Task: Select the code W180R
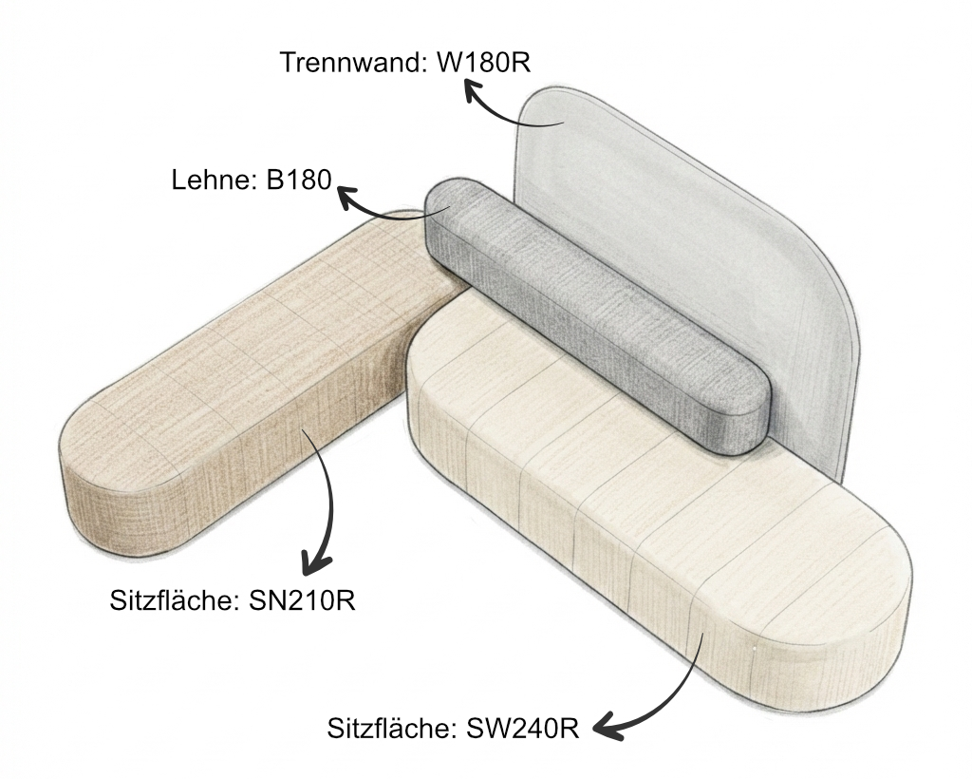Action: click(484, 62)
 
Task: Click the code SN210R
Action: click(302, 600)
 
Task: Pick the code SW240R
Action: click(523, 728)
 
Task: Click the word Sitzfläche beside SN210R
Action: click(175, 600)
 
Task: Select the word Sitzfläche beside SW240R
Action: click(392, 728)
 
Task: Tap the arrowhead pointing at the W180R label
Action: click(475, 94)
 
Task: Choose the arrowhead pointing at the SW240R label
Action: click(607, 728)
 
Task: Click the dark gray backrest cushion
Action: click(595, 316)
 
